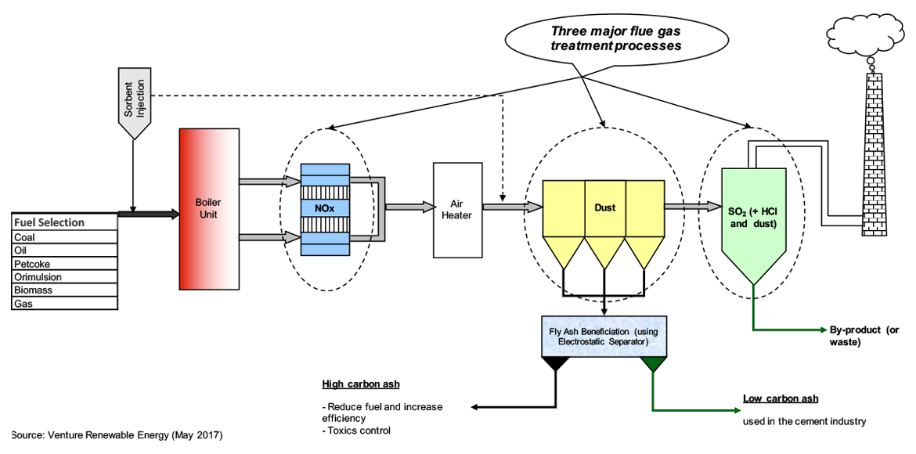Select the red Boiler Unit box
coord(209,209)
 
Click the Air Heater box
coord(456,209)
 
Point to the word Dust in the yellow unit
coord(604,207)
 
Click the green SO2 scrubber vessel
coord(752,223)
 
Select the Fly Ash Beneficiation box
coord(604,336)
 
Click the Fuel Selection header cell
coord(65,222)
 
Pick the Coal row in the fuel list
coord(65,237)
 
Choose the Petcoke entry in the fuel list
coord(65,264)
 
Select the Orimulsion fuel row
coord(65,277)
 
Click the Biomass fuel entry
coord(65,290)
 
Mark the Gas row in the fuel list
coord(65,304)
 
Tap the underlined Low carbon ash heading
coord(781,398)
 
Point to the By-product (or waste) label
coord(864,336)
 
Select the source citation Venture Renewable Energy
coord(117,434)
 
